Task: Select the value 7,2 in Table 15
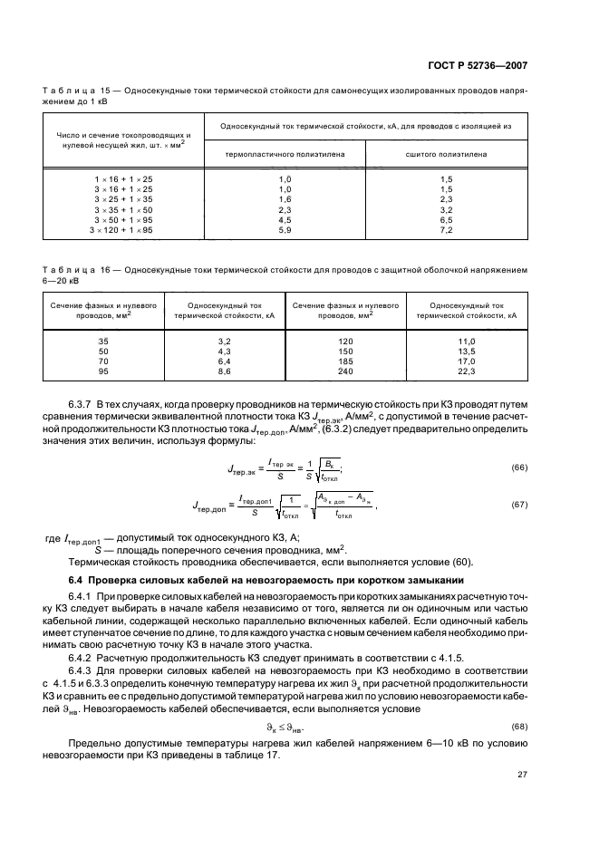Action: point(446,231)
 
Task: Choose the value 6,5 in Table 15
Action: point(446,220)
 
